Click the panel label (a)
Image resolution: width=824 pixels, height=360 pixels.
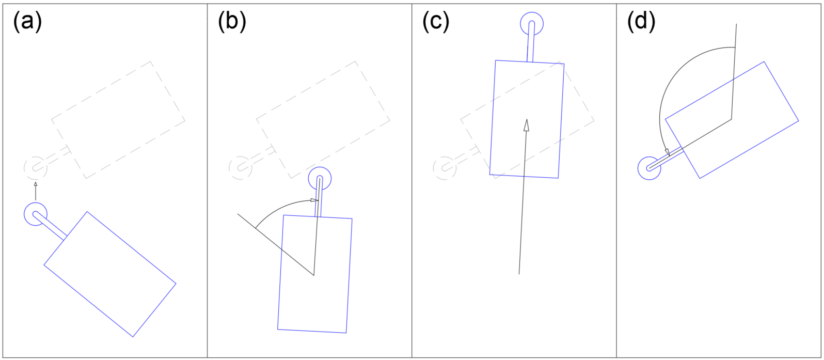[x=27, y=22]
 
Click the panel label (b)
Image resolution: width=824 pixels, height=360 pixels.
[x=232, y=22]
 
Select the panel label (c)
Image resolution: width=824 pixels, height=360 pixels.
[x=436, y=22]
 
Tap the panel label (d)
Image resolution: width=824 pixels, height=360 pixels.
[x=641, y=22]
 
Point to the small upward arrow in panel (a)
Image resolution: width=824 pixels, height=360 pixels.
[x=36, y=191]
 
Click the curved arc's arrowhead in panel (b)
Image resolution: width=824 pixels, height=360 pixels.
[x=314, y=200]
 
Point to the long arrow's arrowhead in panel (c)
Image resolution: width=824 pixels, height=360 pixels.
[x=527, y=125]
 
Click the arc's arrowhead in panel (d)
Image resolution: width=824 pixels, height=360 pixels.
[x=667, y=152]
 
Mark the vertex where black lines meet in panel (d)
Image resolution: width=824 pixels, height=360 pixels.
[x=731, y=119]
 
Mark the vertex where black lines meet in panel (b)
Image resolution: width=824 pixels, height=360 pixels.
[x=314, y=275]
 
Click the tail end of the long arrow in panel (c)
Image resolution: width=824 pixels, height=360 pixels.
[x=519, y=274]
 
